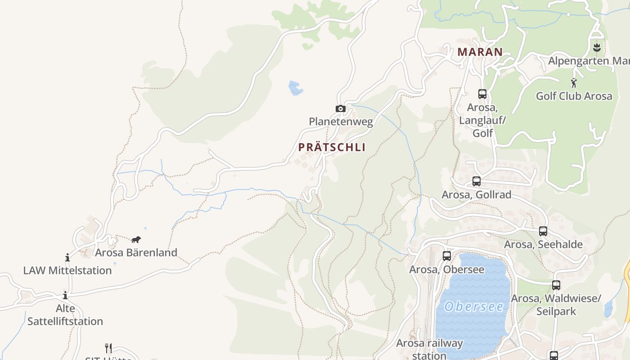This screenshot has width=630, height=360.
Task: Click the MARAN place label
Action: [480, 52]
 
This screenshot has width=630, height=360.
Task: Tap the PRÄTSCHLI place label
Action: [332, 147]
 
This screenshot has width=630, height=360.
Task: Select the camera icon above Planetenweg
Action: [341, 108]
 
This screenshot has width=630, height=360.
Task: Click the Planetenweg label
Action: [341, 121]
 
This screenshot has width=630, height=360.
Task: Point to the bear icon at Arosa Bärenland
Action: [136, 239]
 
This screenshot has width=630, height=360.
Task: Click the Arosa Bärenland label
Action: [136, 252]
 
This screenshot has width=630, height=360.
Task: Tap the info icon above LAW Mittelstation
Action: [67, 257]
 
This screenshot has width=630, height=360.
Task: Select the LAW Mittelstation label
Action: [67, 270]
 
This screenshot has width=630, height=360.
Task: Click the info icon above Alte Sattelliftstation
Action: [65, 295]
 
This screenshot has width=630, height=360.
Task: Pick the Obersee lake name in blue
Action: [474, 306]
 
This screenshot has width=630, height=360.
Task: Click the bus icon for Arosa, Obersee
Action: [447, 256]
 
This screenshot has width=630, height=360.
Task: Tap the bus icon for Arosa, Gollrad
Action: [477, 181]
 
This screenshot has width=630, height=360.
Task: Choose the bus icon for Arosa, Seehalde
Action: [543, 231]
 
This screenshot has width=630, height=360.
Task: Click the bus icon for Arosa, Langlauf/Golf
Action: [482, 94]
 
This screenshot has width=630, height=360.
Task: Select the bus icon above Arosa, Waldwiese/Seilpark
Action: [556, 285]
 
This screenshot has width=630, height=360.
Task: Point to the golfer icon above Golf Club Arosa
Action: [574, 83]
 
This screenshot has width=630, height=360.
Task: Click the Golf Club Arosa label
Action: [574, 96]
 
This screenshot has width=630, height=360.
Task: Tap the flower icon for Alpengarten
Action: [597, 47]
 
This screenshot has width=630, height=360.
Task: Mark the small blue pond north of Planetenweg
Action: [295, 88]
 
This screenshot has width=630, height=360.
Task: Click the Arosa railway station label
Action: [429, 349]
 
